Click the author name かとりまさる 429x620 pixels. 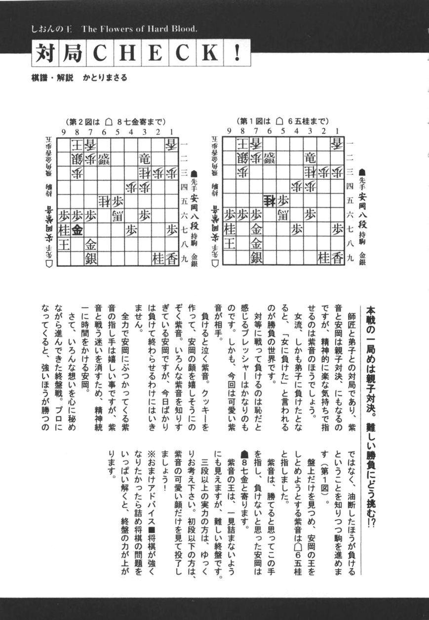click(105, 78)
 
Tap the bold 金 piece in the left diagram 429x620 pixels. click(77, 230)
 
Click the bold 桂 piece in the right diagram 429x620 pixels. click(269, 201)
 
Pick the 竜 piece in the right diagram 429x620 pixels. click(310, 159)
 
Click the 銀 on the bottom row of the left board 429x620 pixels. click(91, 258)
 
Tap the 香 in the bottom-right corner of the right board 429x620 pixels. click(337, 258)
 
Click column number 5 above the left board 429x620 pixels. click(117, 131)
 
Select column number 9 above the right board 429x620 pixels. click(229, 131)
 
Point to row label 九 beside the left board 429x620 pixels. click(185, 257)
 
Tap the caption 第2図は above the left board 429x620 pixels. click(84, 121)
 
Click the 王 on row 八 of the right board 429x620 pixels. click(229, 244)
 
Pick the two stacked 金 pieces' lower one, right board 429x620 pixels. click(256, 244)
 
